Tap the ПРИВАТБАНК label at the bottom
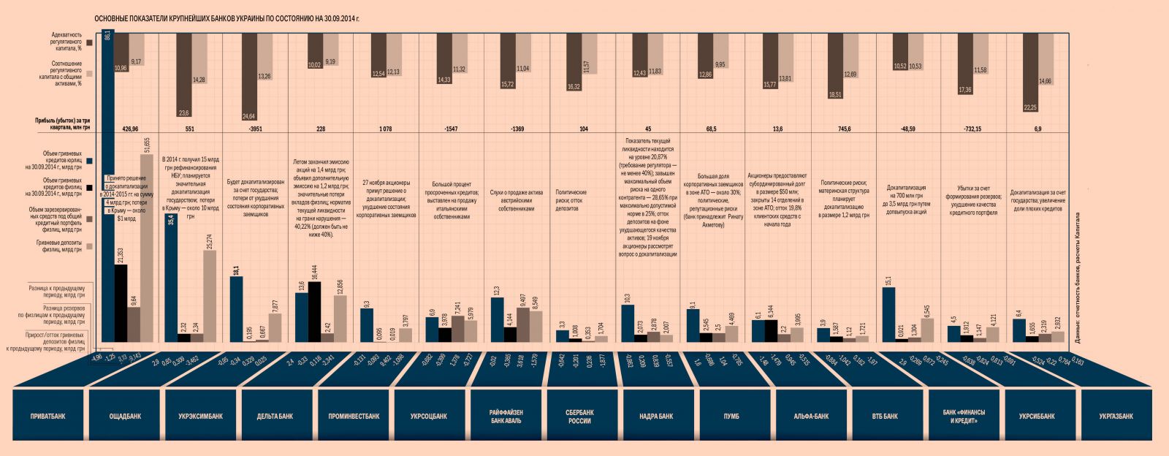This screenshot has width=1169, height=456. [x=48, y=417]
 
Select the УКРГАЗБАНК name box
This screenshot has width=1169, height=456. [x=1116, y=417]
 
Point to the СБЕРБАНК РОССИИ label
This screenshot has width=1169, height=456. [x=579, y=417]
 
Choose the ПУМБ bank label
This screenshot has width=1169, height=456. [x=731, y=417]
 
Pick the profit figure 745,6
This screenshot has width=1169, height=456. [x=844, y=129]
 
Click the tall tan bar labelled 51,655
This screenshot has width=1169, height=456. [x=147, y=248]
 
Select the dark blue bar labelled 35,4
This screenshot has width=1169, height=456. [x=171, y=278]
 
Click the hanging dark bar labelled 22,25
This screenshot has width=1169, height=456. [x=1030, y=73]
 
